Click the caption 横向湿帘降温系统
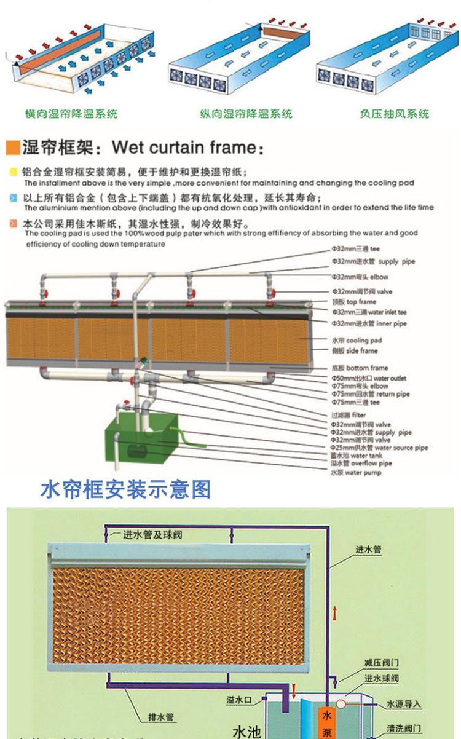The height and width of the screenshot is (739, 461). [71, 114]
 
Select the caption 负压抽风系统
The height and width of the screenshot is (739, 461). [394, 114]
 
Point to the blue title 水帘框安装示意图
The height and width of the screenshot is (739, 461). [125, 489]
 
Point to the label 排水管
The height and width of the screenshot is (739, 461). [162, 717]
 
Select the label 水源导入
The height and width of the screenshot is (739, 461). [404, 705]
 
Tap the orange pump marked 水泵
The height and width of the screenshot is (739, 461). [327, 722]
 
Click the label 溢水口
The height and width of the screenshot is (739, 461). [239, 700]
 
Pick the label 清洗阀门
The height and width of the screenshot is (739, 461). [404, 729]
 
